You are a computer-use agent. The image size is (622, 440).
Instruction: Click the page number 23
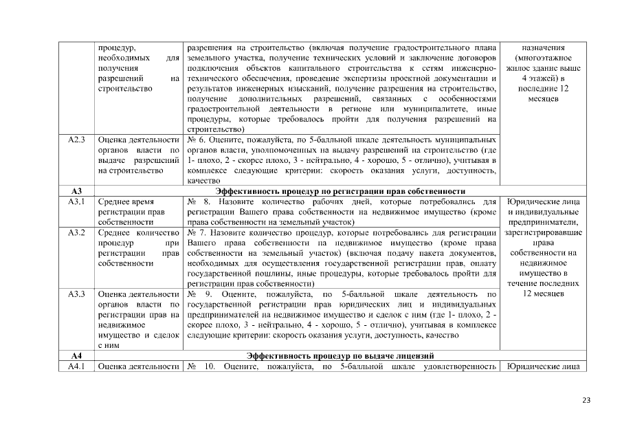point(586,401)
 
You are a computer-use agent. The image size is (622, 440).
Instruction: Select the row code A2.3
point(76,140)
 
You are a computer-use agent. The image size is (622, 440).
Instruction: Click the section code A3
point(76,191)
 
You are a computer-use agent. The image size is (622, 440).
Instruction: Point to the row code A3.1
point(76,201)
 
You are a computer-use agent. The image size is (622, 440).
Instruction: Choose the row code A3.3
point(76,294)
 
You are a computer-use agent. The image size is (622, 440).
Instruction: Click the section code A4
point(76,355)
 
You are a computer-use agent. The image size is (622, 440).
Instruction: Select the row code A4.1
point(76,366)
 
